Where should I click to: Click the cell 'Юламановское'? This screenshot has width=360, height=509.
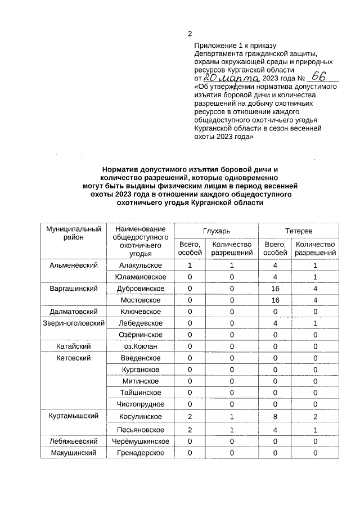(x=140, y=277)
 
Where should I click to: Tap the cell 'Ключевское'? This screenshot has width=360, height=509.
(x=140, y=312)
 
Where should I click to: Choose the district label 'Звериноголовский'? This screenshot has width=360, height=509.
(x=74, y=323)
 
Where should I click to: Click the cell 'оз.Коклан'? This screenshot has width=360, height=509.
(x=140, y=346)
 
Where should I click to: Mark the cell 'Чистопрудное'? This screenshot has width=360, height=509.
(x=140, y=404)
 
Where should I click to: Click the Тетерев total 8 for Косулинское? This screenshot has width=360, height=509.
(x=275, y=417)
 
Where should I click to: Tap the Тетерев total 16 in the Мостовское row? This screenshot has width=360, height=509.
(x=275, y=300)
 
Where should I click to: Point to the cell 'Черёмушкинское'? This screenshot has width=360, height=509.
(x=140, y=442)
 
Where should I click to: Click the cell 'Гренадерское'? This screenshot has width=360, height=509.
(x=140, y=453)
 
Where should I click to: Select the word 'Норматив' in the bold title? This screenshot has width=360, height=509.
(x=120, y=169)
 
